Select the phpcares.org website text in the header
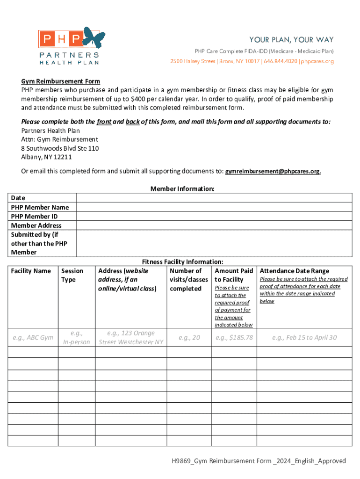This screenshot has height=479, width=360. (317, 61)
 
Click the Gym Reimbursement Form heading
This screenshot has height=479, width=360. (60, 81)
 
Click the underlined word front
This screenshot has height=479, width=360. (103, 122)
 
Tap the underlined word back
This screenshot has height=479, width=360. (133, 122)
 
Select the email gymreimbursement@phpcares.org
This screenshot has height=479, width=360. (273, 171)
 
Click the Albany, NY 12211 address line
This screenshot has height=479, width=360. (46, 157)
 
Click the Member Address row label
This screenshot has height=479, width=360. (36, 225)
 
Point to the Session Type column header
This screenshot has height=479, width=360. (72, 275)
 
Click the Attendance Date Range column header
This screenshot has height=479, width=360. (294, 271)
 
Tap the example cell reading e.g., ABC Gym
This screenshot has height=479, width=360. (33, 337)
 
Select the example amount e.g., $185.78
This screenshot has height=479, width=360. (234, 337)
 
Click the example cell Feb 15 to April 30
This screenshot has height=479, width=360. (304, 337)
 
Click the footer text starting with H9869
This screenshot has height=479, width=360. (258, 461)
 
